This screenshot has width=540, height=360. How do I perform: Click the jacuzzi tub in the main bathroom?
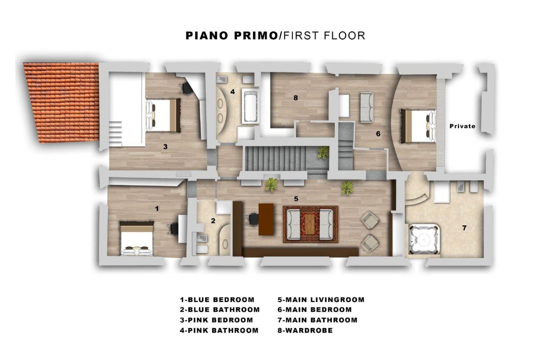[x=424, y=239]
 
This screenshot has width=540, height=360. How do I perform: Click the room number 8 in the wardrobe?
[x=296, y=98]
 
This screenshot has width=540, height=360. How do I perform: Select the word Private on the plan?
[x=462, y=126]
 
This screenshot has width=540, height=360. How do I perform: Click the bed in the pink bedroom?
[x=163, y=115]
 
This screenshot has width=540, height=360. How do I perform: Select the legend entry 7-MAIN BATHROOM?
[x=317, y=320]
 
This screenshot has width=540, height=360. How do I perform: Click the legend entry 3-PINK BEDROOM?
[x=216, y=320]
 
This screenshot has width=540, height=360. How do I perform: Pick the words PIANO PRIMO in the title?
[x=232, y=35]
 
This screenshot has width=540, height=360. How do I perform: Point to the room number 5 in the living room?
[x=296, y=199]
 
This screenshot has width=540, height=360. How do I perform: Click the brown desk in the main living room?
[x=266, y=219]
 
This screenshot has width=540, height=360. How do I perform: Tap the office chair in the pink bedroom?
[x=186, y=88]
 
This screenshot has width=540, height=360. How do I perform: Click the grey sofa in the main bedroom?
[x=367, y=108]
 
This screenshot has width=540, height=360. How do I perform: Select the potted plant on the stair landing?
[x=323, y=152]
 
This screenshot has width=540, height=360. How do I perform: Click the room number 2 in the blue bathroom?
[x=213, y=221]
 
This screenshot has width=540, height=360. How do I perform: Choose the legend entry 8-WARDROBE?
[x=305, y=330]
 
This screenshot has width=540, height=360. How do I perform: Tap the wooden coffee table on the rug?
[x=310, y=224]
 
